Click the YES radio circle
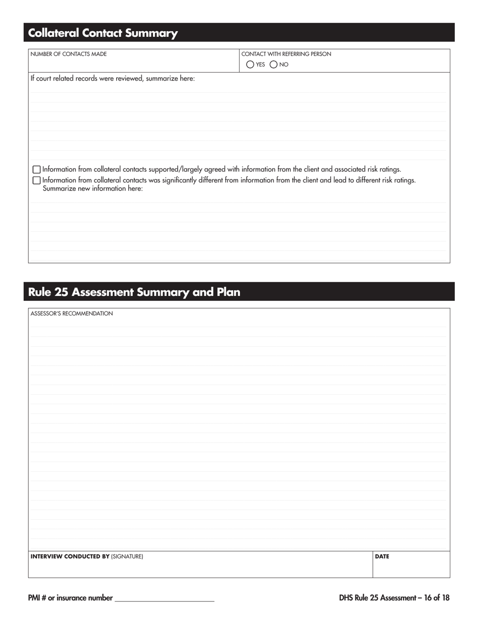250,65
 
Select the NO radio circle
274,65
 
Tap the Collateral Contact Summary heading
103,33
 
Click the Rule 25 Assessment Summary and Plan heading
134,292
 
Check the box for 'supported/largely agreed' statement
36,170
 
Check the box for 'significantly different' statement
36,180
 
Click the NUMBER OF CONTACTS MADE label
68,54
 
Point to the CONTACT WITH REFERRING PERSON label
286,54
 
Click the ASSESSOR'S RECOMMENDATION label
71,314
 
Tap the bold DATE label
382,556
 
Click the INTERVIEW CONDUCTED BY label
70,556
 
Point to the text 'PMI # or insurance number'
70,598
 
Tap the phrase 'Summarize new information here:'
93,189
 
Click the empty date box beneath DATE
411,570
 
